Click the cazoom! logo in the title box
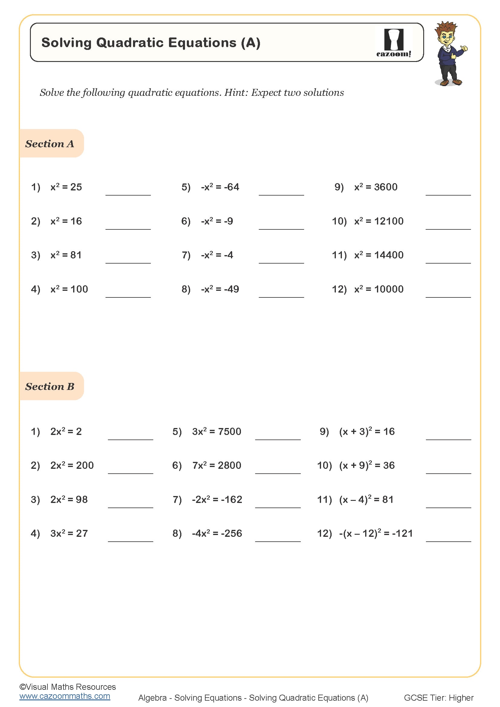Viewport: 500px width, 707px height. tap(394, 43)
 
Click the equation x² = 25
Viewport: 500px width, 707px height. tap(66, 187)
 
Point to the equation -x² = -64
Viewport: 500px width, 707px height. tap(220, 187)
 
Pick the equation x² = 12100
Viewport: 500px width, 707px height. tap(379, 221)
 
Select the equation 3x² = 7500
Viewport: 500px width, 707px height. tap(216, 431)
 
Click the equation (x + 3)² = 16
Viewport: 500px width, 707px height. tap(367, 431)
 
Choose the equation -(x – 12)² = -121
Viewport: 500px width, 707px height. tap(376, 533)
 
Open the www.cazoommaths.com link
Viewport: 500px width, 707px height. tap(65, 696)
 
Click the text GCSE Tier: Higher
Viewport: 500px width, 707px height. tap(438, 698)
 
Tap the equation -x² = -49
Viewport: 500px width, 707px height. tap(220, 289)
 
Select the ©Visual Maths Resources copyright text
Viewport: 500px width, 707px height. tap(67, 687)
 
